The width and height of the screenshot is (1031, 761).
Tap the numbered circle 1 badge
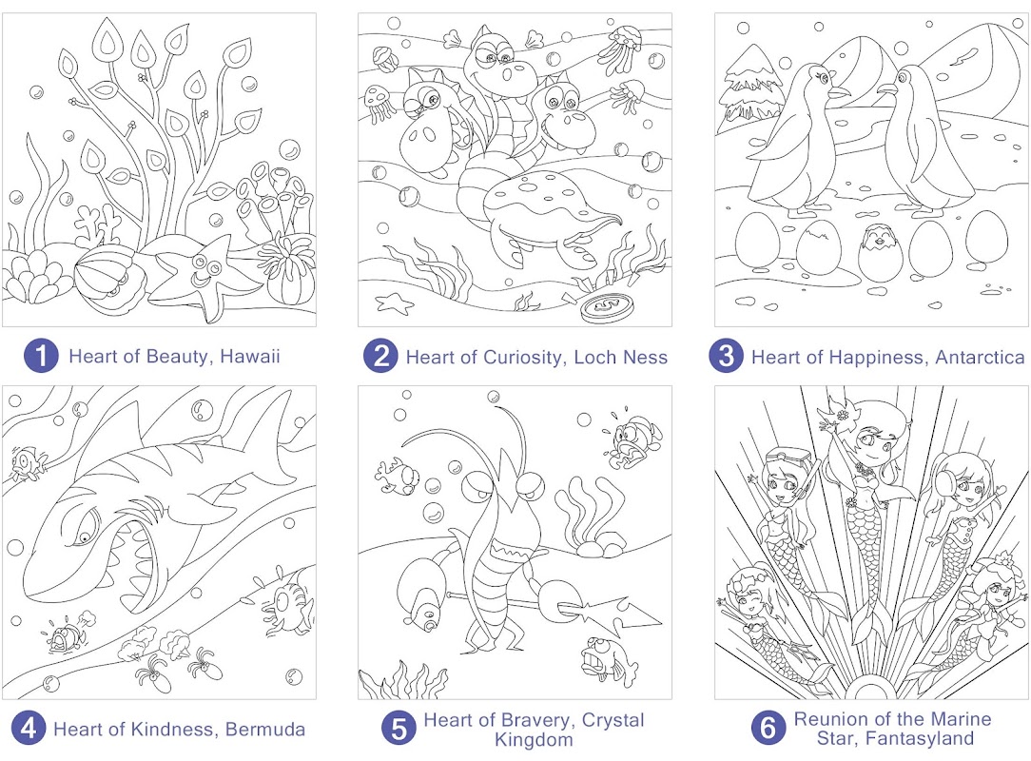(42, 356)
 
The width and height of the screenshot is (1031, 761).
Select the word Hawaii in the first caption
(250, 357)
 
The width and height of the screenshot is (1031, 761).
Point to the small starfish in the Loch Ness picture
(394, 303)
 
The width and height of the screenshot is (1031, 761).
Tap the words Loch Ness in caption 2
(620, 357)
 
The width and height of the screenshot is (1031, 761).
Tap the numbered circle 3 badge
(726, 356)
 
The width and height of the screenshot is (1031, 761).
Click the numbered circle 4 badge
(29, 728)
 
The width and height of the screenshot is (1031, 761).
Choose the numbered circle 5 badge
(399, 728)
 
